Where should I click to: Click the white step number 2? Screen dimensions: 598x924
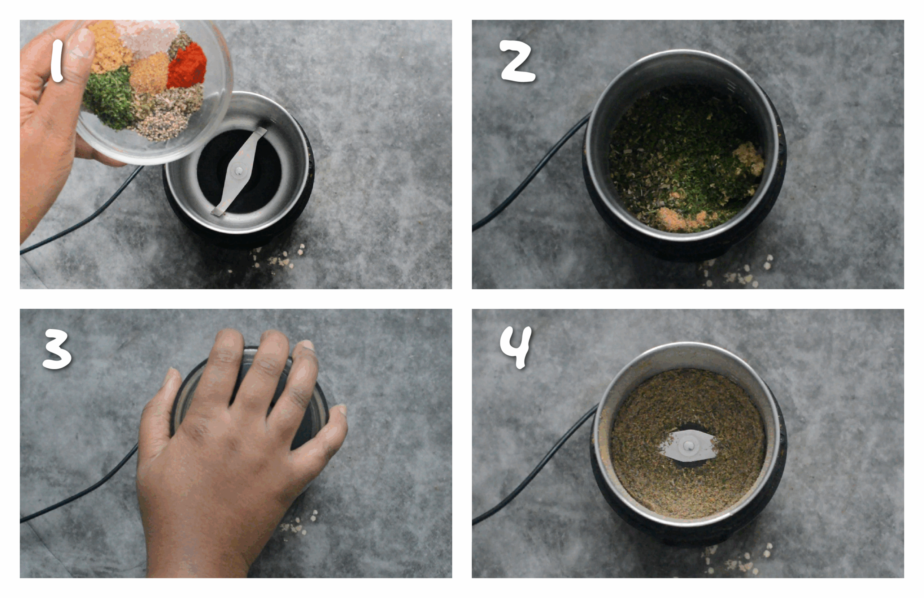(517, 62)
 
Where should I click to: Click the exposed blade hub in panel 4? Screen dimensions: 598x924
(688, 446)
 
